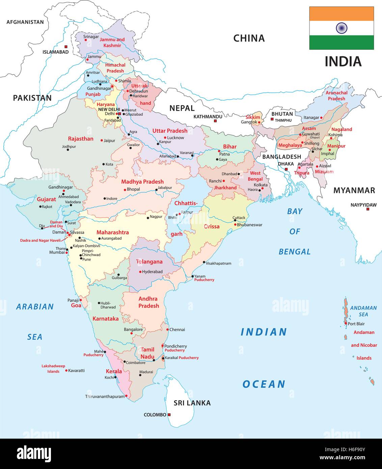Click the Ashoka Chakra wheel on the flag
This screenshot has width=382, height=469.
[x=342, y=28]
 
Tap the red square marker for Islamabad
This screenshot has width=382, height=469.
[x=66, y=47]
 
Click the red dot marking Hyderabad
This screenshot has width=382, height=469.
[x=140, y=272]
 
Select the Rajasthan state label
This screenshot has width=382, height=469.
[x=81, y=139]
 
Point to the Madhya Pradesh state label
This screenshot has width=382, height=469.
[x=142, y=182]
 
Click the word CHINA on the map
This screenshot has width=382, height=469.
[x=249, y=38]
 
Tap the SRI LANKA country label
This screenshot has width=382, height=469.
[x=192, y=403]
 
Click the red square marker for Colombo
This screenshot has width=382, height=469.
[x=169, y=415]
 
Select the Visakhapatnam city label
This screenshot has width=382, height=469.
[x=218, y=263]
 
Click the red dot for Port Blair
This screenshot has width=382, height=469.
[x=346, y=323]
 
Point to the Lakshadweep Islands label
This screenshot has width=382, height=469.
[x=53, y=368]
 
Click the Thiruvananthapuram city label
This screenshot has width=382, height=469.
[x=105, y=397]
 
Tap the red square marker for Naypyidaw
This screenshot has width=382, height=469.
[x=368, y=209]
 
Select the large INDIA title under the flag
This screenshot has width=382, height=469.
[x=343, y=61]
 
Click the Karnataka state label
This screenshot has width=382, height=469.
[x=106, y=319]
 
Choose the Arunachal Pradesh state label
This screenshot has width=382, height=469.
[x=336, y=96]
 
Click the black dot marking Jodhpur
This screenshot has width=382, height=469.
[x=68, y=150]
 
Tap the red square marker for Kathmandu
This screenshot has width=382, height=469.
[x=216, y=120]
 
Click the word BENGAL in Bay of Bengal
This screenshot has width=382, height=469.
[x=295, y=252]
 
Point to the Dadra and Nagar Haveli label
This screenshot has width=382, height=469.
[x=40, y=241]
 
